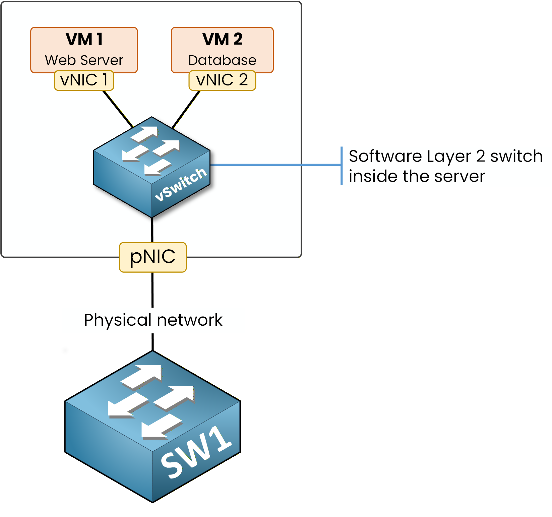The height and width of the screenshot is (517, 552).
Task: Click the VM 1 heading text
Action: [84, 40]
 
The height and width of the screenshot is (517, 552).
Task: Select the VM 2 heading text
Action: [222, 40]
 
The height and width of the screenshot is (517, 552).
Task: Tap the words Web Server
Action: [84, 60]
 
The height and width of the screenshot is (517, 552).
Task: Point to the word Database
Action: [222, 60]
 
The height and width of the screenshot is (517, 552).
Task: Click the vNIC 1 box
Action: [84, 80]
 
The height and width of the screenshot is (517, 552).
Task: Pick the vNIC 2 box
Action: [222, 80]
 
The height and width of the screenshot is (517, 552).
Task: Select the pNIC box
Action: [153, 257]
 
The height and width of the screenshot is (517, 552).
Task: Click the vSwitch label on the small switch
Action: [181, 184]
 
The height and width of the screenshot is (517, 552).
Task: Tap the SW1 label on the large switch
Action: [196, 452]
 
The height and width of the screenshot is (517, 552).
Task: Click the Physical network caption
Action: [153, 320]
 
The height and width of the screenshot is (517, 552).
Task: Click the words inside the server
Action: [417, 176]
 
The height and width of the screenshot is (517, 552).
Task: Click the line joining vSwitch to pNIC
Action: [152, 230]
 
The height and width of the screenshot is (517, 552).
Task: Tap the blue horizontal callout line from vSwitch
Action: [275, 165]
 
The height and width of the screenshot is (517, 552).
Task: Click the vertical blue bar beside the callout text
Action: [342, 166]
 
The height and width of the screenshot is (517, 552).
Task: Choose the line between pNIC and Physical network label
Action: [152, 290]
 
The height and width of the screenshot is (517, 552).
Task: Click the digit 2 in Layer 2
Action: [480, 156]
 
